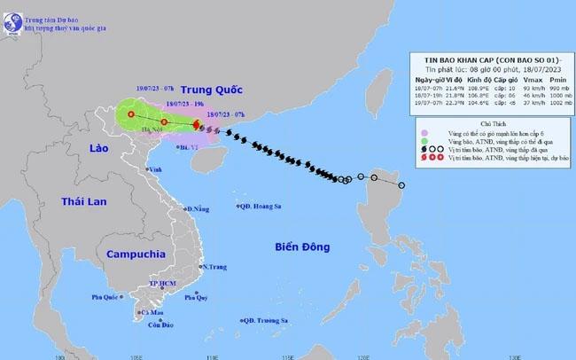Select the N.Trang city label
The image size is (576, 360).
(215, 266)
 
